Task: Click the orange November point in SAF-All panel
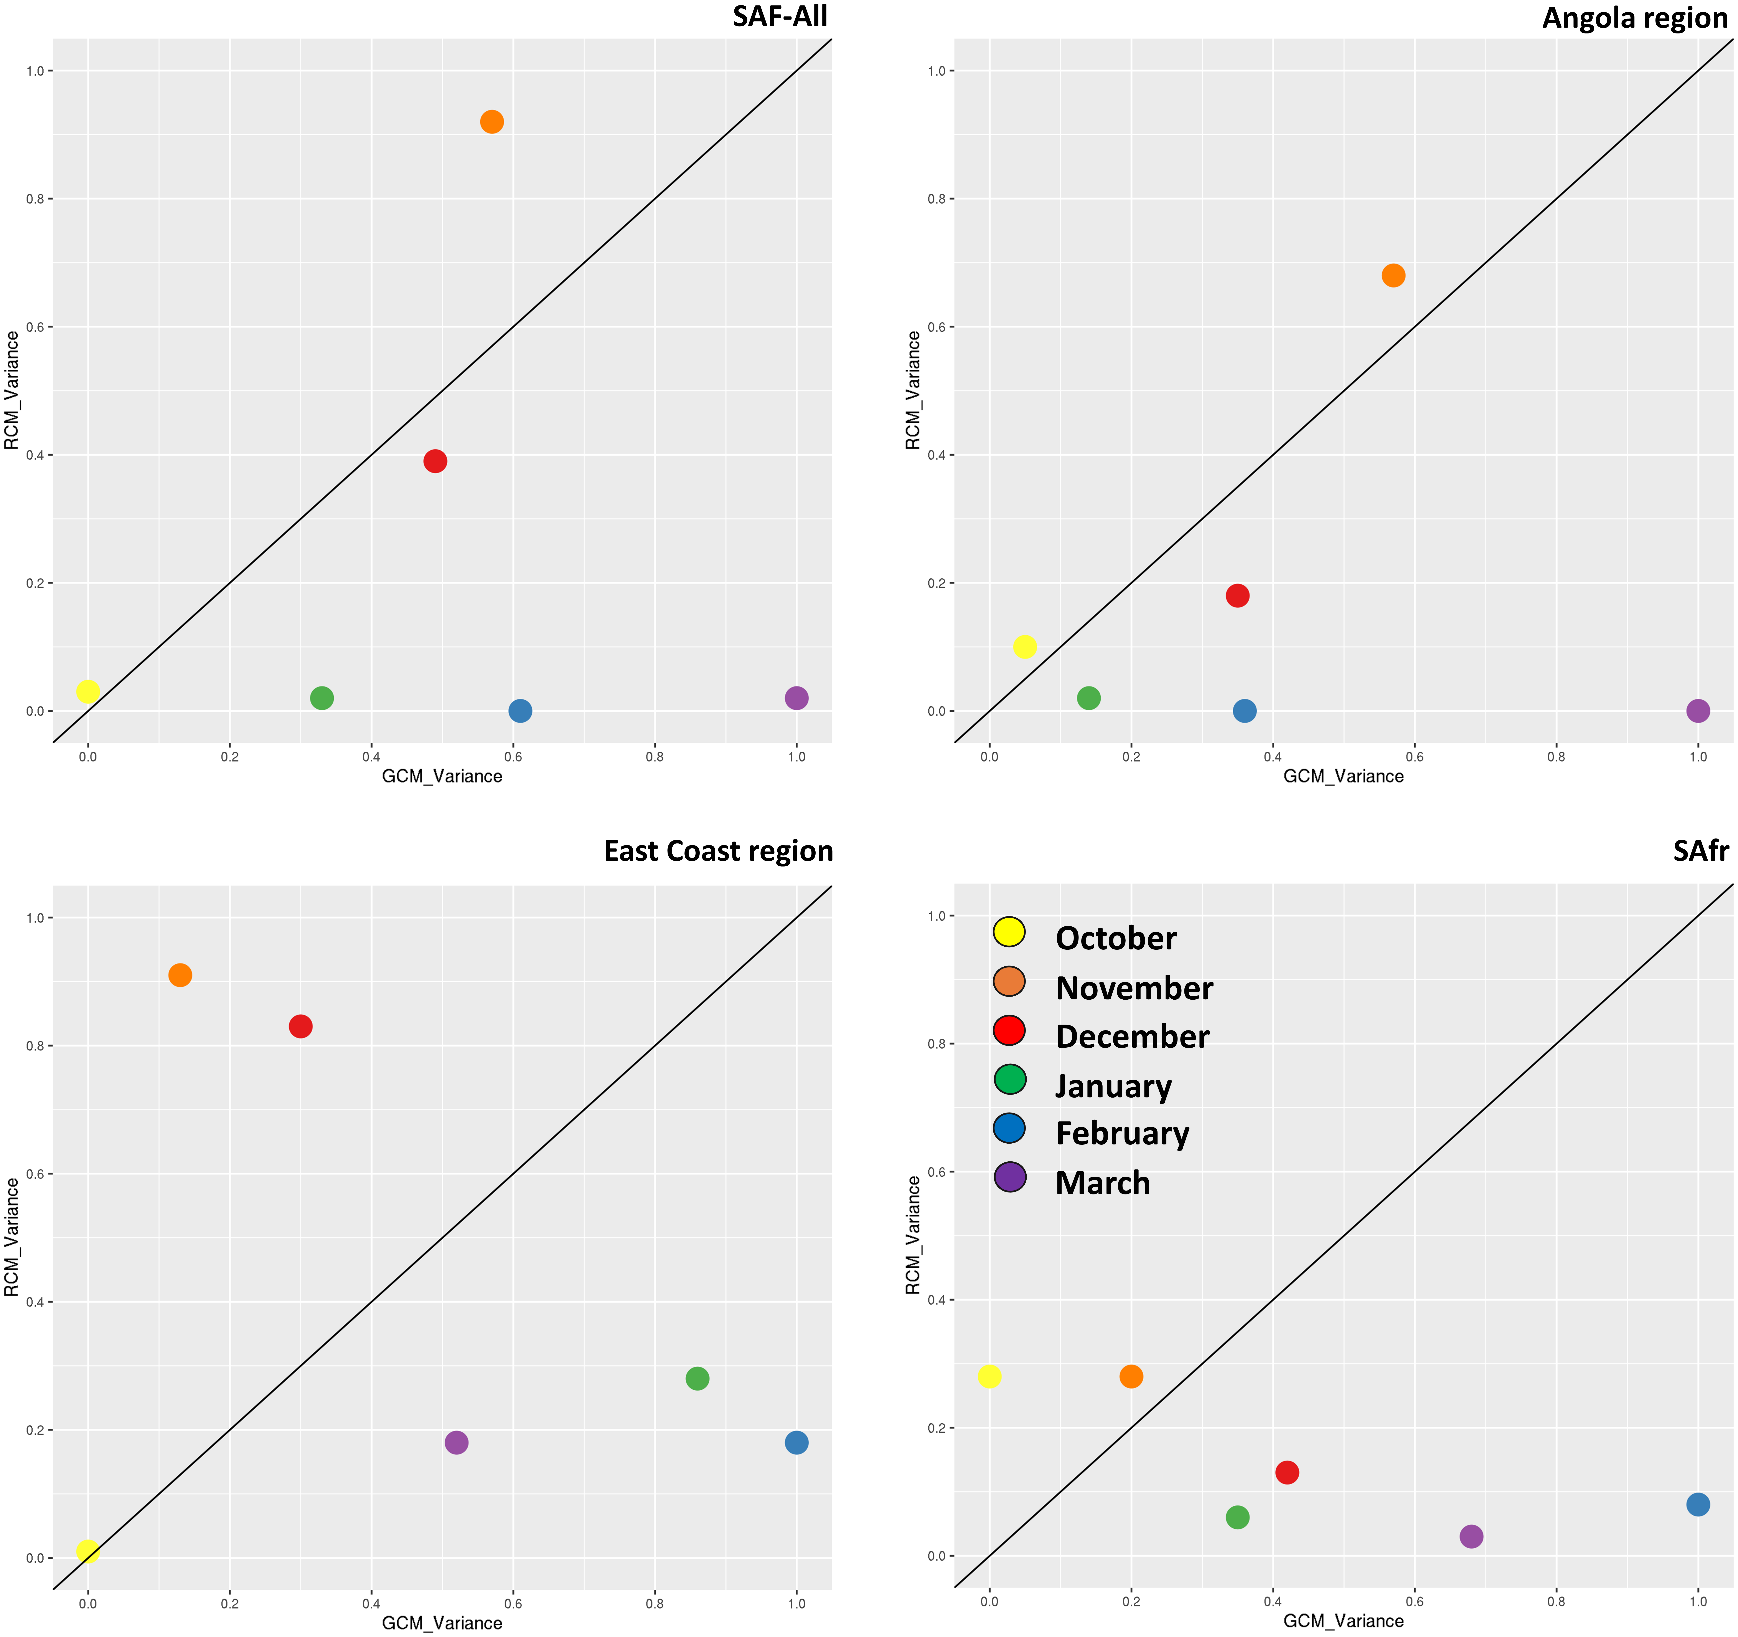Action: click(x=492, y=122)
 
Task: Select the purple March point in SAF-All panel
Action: click(x=796, y=698)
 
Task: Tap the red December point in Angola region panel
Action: click(x=1237, y=595)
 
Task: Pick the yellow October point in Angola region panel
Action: click(x=1025, y=647)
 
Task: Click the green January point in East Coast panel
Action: click(x=697, y=1378)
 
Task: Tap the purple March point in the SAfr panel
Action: click(x=1471, y=1536)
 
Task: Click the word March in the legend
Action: click(x=1102, y=1183)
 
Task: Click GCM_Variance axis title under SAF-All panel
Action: click(x=442, y=777)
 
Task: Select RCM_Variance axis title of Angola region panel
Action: click(x=913, y=390)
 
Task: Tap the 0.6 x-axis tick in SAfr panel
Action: click(x=1414, y=1602)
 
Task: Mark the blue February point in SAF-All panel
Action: click(x=519, y=711)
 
